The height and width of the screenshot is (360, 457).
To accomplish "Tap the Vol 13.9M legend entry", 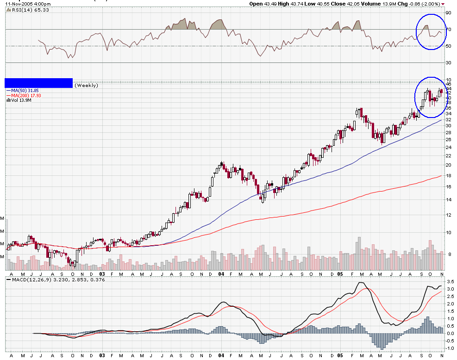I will click(x=20, y=100).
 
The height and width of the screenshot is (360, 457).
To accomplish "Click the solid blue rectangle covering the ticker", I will click(x=38, y=83).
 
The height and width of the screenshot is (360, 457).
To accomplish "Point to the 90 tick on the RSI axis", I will click(x=448, y=13).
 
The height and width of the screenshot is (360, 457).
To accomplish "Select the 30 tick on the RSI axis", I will click(x=448, y=63).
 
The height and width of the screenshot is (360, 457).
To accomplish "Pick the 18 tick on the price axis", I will click(x=448, y=176).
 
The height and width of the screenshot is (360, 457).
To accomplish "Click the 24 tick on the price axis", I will click(x=448, y=148).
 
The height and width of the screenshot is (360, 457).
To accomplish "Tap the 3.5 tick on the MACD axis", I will click(x=449, y=281).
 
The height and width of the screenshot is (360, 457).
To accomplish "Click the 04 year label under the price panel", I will click(x=221, y=273).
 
